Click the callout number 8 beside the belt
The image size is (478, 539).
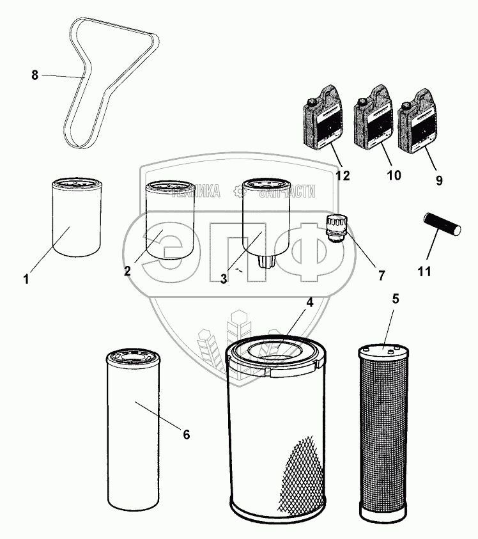(35, 75)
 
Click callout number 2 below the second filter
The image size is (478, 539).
(128, 270)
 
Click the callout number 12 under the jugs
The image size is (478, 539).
(343, 176)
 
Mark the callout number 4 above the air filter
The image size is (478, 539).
(309, 302)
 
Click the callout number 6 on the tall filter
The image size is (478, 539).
(187, 435)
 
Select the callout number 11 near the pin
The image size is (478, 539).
(424, 271)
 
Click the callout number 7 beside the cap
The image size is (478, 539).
(382, 276)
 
